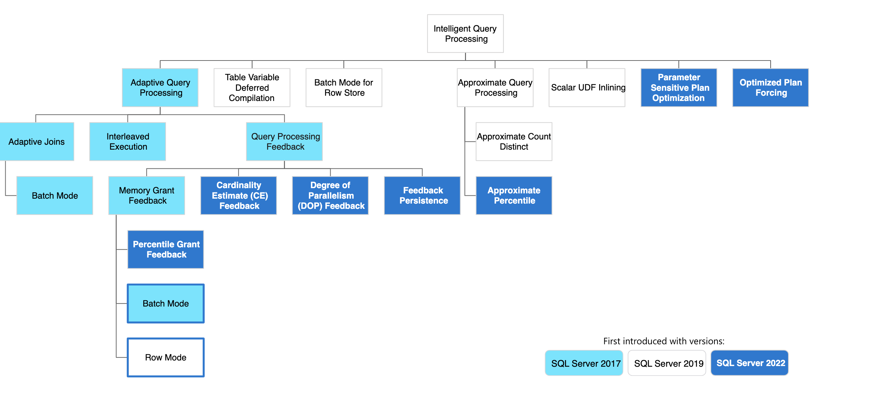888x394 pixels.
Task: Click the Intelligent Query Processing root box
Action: [465, 34]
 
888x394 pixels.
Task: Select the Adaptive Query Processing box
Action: [160, 87]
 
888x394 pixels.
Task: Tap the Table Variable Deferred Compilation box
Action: [252, 87]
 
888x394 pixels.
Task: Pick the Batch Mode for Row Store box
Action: [344, 87]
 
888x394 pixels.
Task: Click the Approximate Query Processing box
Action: [495, 87]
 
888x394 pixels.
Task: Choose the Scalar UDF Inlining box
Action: [587, 87]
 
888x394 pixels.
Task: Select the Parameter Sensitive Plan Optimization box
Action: [678, 87]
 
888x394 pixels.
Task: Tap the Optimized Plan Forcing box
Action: [770, 87]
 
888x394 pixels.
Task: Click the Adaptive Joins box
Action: [36, 141]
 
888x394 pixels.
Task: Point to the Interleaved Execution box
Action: [128, 141]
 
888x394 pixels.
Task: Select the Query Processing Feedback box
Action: [284, 141]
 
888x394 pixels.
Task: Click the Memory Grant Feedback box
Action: [147, 195]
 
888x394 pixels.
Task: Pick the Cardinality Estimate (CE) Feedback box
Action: [239, 195]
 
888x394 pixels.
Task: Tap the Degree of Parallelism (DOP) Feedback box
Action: [330, 195]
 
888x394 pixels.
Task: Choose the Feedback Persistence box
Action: [422, 195]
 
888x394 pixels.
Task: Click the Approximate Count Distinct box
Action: [514, 141]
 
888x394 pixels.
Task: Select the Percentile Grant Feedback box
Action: [166, 249]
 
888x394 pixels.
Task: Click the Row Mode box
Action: [166, 357]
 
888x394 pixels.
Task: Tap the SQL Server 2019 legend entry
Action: [667, 363]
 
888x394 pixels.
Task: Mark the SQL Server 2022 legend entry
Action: [749, 363]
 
